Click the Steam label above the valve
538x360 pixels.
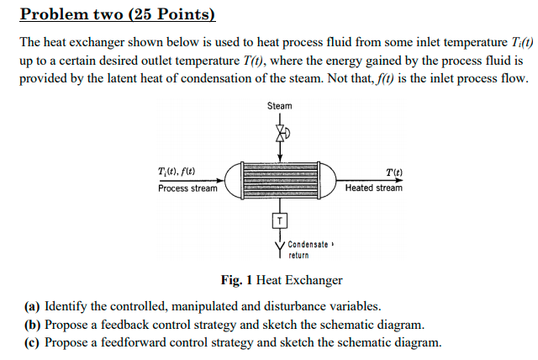pyautogui.click(x=280, y=106)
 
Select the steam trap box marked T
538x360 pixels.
pyautogui.click(x=280, y=220)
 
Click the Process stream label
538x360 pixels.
pyautogui.click(x=187, y=188)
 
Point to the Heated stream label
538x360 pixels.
pyautogui.click(x=373, y=188)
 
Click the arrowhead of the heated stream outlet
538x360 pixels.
pyautogui.click(x=403, y=180)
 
